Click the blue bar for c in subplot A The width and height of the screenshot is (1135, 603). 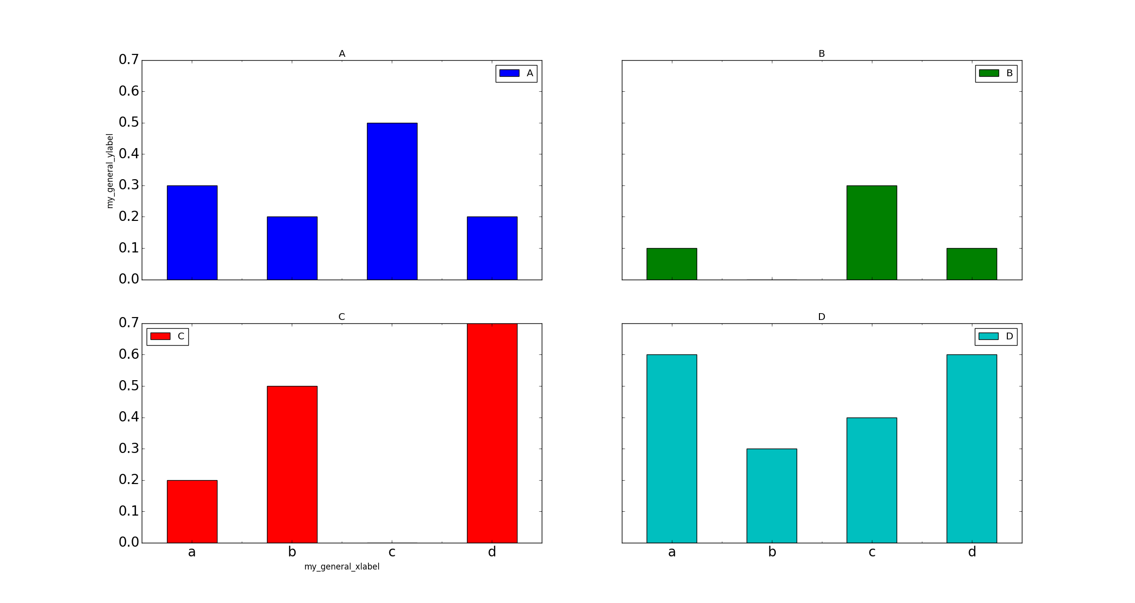(392, 201)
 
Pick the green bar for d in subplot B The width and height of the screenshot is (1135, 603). (971, 264)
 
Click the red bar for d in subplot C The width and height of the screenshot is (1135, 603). (492, 433)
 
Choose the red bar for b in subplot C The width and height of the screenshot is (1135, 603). (292, 464)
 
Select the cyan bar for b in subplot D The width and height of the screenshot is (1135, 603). (771, 495)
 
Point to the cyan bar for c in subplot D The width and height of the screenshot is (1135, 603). (871, 480)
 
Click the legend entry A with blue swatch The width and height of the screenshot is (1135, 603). (516, 73)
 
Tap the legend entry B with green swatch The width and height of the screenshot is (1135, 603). (996, 73)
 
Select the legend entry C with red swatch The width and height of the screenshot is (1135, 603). (167, 336)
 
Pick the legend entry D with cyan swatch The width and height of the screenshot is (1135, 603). (996, 336)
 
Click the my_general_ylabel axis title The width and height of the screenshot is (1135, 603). (110, 171)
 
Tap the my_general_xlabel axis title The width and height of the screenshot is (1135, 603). (342, 567)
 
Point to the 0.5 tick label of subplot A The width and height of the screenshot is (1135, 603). (129, 122)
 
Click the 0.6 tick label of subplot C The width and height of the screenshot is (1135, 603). (129, 354)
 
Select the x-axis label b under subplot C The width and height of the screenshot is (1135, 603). (292, 552)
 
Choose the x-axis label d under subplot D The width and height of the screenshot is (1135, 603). (972, 552)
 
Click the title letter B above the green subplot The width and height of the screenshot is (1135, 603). (821, 53)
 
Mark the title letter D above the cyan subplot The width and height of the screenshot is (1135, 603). (821, 317)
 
